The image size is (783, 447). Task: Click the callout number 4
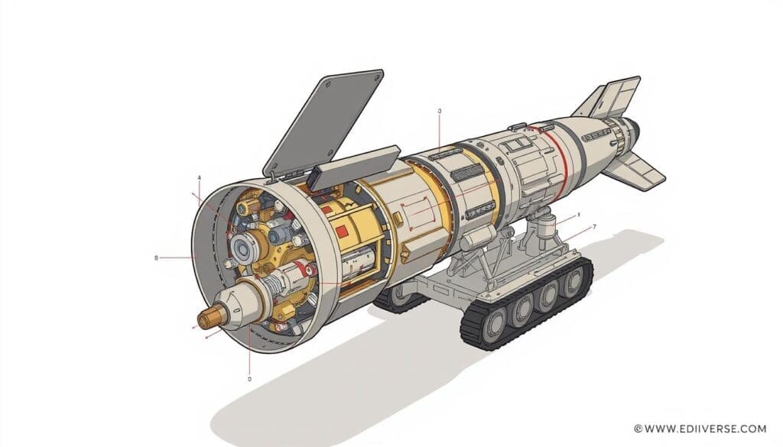coord(200,178)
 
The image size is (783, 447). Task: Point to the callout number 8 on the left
coord(156,258)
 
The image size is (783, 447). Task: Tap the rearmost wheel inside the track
coord(573,282)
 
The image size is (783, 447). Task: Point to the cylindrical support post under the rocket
coord(544,226)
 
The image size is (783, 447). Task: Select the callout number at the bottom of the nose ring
coord(249,377)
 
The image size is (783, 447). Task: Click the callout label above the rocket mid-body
coord(440,112)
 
